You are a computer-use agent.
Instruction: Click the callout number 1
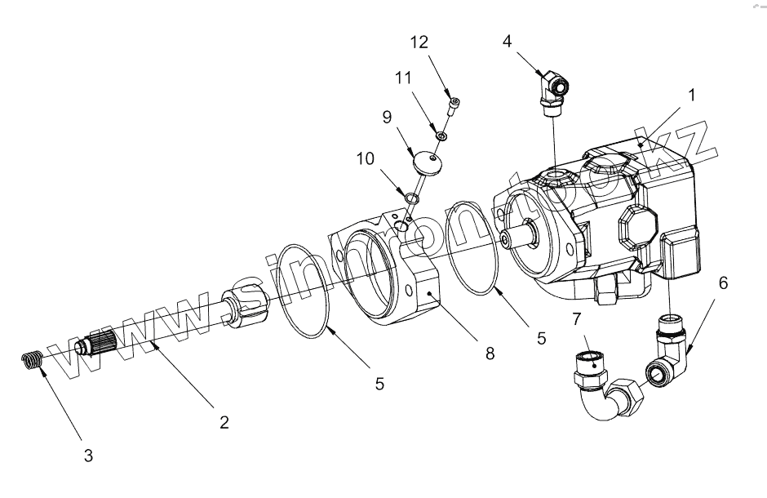coord(691,95)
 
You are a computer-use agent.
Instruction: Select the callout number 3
coord(88,456)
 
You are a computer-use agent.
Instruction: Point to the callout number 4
coord(507,41)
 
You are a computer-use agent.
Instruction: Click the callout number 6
coord(723,283)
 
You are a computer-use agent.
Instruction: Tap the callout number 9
coord(388,117)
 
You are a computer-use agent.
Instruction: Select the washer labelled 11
coord(441,135)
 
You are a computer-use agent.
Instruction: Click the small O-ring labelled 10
coord(410,197)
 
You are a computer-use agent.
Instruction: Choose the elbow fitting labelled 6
coord(671,347)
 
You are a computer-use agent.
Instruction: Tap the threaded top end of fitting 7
coord(590,360)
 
